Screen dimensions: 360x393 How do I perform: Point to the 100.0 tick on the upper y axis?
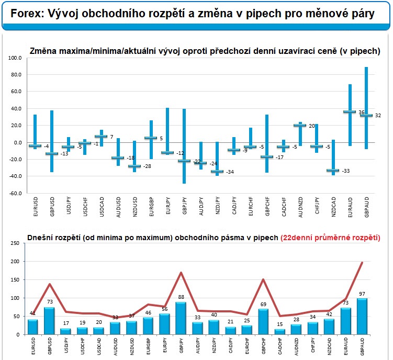[15, 58]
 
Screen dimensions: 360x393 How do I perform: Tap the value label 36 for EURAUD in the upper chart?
[361, 112]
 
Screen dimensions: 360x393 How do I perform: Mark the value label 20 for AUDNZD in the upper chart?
[311, 126]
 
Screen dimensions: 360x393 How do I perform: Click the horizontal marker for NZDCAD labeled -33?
[332, 171]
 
